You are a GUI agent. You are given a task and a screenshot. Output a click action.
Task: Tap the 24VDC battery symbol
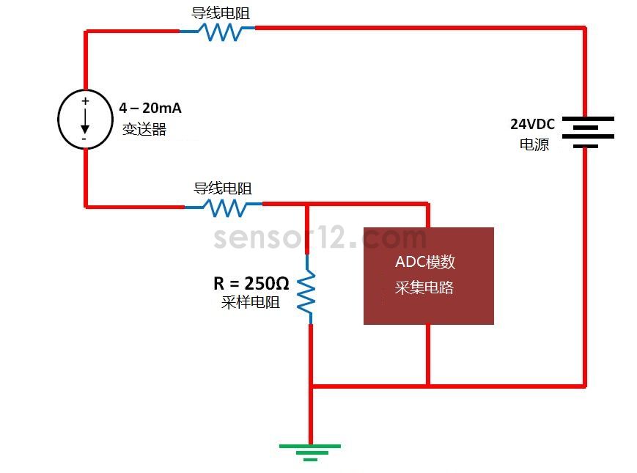coord(588,133)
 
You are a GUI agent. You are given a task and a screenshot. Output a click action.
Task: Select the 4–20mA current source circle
coord(85,119)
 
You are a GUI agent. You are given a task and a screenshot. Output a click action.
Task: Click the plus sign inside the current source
coord(85,100)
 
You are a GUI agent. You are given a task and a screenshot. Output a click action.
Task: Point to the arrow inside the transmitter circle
coord(85,121)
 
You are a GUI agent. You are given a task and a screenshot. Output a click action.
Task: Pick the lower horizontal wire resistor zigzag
coord(224,208)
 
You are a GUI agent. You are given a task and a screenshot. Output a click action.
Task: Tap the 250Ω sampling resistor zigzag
coord(306,290)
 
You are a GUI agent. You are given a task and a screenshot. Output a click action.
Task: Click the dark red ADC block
coord(429,276)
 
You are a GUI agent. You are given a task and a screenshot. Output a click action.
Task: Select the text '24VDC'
coord(532,124)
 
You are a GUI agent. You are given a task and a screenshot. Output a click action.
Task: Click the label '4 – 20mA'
coord(150,108)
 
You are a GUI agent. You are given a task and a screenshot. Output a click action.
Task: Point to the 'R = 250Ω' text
coord(251,283)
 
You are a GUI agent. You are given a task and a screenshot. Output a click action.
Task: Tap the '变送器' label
coord(144,130)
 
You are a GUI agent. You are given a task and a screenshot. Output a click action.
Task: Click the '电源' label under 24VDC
coord(534,144)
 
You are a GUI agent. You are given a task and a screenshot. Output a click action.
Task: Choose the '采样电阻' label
coord(251,302)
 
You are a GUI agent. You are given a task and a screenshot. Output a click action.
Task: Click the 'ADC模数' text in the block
coord(425,262)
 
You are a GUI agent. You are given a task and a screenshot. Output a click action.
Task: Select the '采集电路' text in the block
coord(424,287)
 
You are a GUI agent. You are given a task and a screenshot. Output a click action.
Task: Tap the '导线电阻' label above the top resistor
coord(221,13)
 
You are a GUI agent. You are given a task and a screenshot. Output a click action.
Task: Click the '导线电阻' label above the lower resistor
coord(223,188)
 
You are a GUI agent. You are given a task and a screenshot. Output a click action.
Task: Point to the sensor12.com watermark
coord(320,238)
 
